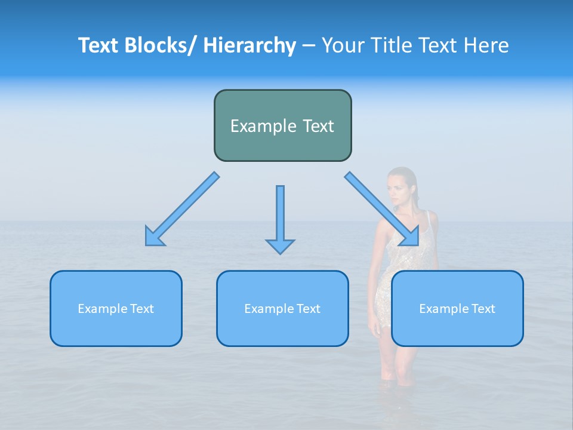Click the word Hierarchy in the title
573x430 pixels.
(249, 45)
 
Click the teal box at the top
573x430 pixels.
(282, 125)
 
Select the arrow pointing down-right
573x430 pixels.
(383, 208)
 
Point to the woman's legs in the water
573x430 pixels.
(397, 364)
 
